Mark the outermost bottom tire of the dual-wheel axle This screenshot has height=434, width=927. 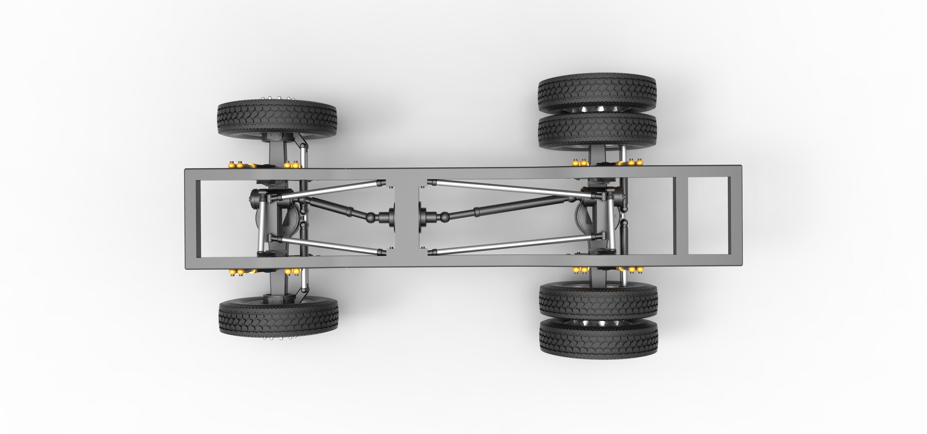point(598,338)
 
